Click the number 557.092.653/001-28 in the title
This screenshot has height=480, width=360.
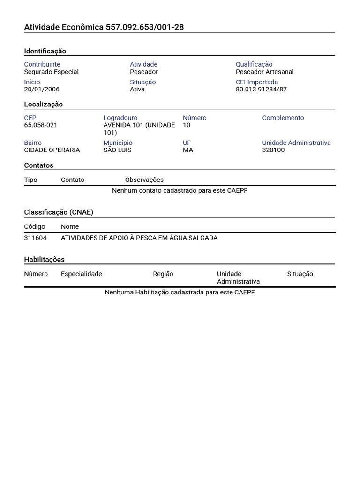(145, 27)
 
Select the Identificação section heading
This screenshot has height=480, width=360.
(45, 51)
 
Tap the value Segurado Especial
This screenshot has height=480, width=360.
(52, 72)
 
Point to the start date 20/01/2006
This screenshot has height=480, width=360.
(42, 89)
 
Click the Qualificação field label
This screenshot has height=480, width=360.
(254, 64)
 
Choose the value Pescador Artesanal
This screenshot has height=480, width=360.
(265, 72)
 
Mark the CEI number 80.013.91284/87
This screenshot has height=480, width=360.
(261, 89)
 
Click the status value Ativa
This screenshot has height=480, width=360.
(137, 89)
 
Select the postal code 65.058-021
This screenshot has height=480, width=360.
(41, 125)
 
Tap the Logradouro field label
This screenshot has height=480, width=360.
(120, 118)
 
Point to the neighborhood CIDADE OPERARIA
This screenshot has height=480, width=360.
(52, 150)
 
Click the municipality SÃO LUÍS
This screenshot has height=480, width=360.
(118, 150)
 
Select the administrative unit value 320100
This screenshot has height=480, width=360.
(273, 150)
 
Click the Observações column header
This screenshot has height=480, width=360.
(144, 180)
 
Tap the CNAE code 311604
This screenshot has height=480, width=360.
(35, 238)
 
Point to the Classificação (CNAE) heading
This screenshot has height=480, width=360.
(59, 212)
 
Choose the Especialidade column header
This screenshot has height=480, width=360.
(81, 274)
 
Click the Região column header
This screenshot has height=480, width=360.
(163, 274)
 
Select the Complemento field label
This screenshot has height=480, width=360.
(283, 118)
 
